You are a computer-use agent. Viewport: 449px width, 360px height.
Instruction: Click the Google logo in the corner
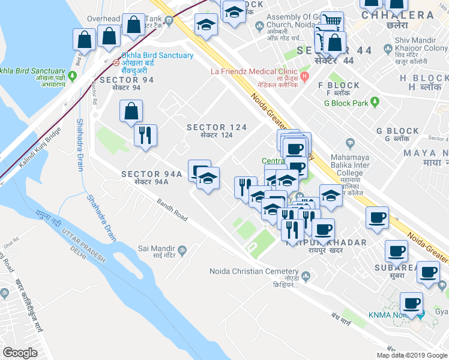(x=20, y=353)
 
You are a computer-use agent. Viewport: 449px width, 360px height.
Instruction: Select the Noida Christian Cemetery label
(x=253, y=271)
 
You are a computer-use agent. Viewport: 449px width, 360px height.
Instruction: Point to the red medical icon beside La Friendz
(x=305, y=76)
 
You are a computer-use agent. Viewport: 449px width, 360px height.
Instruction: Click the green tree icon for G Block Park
(x=375, y=103)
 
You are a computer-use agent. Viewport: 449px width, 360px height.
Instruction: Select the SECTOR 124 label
(x=217, y=127)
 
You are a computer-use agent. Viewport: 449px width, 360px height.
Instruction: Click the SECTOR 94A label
(x=151, y=174)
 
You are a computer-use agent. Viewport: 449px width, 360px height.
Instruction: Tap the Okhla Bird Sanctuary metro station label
(x=157, y=56)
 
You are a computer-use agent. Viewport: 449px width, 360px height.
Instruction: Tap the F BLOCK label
(x=343, y=85)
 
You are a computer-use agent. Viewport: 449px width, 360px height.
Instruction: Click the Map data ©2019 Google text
(x=411, y=355)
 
